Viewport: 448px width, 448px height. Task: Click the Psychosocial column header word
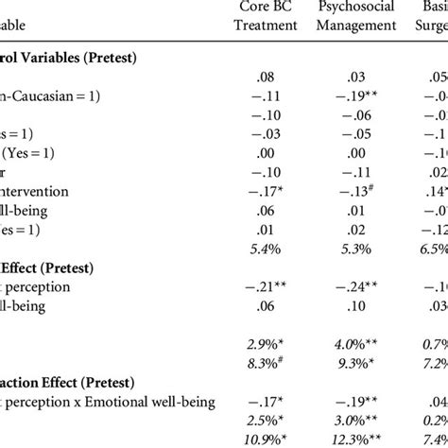click(357, 9)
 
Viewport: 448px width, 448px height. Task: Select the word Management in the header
click(357, 26)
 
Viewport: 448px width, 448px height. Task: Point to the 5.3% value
click(354, 250)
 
